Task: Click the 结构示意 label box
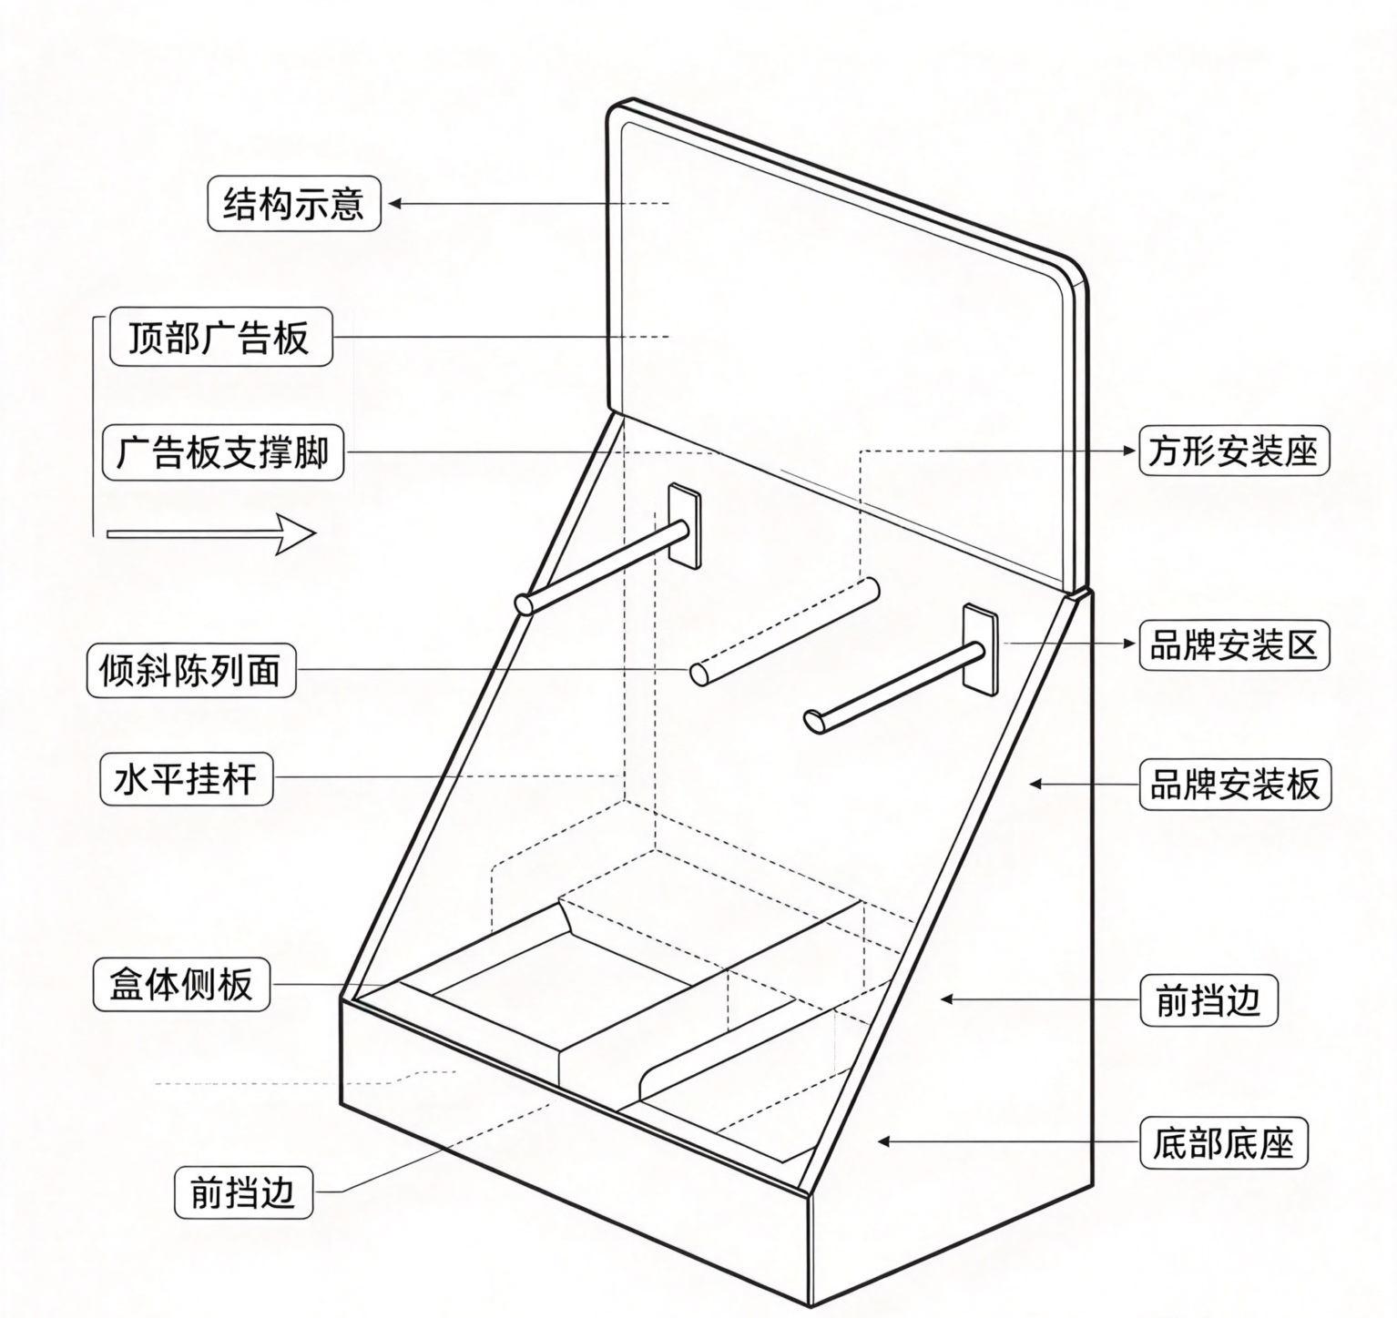(x=293, y=204)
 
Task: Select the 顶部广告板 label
(x=220, y=338)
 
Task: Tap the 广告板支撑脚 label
(x=223, y=452)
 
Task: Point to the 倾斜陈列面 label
(x=191, y=671)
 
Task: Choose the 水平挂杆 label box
(x=186, y=780)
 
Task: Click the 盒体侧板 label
(x=181, y=984)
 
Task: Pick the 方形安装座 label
(x=1234, y=451)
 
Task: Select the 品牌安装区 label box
(x=1234, y=645)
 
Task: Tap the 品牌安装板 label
(x=1235, y=784)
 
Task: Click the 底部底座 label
(x=1224, y=1143)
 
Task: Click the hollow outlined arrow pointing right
(x=211, y=533)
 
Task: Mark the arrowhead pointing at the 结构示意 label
(x=394, y=204)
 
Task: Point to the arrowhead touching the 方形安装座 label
(x=1130, y=451)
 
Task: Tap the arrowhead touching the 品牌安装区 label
(x=1130, y=644)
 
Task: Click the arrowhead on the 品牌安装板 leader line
(x=1035, y=783)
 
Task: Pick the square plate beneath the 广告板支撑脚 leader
(x=685, y=525)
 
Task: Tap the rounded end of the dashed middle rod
(x=698, y=674)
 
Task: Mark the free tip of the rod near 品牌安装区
(x=813, y=721)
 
